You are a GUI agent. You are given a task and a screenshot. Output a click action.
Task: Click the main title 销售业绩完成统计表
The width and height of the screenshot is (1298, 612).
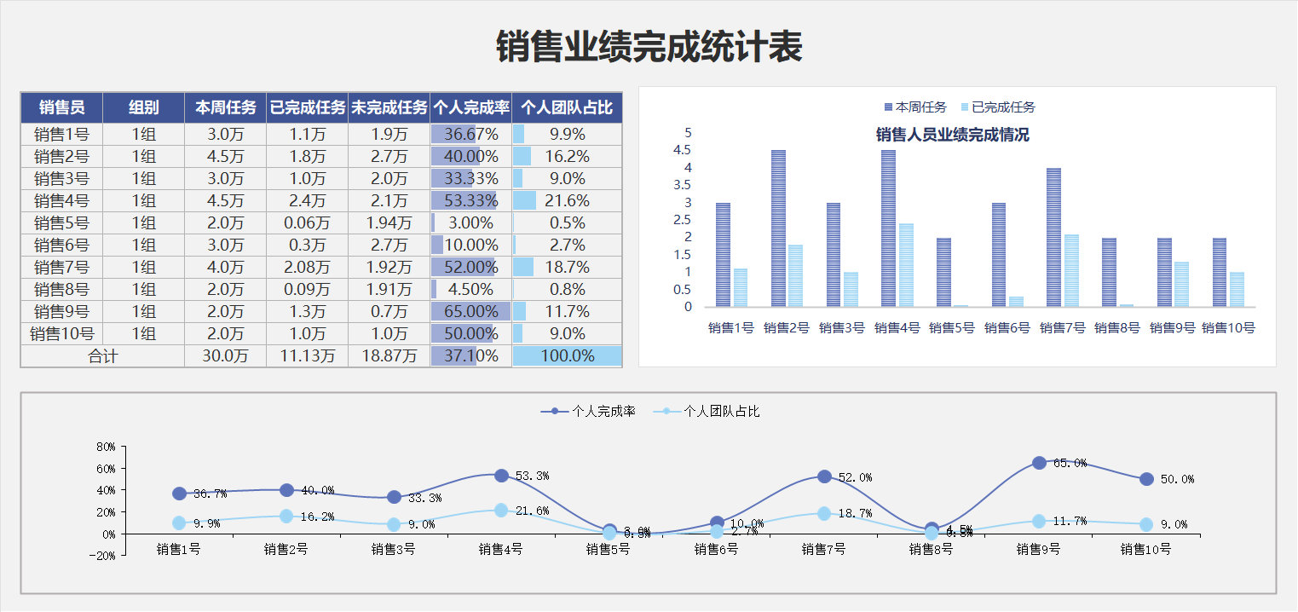click(649, 48)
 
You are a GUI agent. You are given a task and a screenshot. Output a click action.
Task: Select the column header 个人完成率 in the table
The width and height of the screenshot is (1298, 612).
click(471, 107)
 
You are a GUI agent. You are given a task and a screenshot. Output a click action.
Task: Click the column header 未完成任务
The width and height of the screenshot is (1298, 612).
click(389, 107)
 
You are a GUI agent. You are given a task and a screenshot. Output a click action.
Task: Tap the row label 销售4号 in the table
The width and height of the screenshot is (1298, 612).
click(61, 200)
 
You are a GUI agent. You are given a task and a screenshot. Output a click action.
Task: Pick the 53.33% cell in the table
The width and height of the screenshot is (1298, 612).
click(471, 200)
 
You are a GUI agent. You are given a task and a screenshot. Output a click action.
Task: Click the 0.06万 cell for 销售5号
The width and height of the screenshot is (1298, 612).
click(307, 222)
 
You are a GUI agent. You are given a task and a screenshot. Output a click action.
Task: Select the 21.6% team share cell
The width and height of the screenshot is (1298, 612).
click(568, 200)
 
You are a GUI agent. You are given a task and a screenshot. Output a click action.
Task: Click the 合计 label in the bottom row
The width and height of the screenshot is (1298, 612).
click(102, 355)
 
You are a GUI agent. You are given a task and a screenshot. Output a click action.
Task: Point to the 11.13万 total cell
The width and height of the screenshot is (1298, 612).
click(307, 355)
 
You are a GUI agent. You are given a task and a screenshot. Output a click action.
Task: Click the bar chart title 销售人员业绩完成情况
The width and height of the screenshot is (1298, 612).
click(952, 135)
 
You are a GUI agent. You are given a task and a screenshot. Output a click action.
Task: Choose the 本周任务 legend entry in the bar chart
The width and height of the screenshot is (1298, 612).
click(915, 107)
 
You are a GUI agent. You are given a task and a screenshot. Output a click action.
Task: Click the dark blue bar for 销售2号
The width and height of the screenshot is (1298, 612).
click(778, 228)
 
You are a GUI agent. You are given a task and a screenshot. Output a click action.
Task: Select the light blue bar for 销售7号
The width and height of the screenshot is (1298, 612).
click(1071, 270)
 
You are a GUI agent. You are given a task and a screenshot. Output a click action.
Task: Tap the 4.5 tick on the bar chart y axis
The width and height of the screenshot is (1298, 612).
click(682, 150)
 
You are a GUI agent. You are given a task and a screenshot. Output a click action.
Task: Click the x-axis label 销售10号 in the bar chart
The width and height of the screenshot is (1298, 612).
click(1228, 327)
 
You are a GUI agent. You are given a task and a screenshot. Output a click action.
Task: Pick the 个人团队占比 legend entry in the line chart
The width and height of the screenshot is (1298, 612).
click(707, 411)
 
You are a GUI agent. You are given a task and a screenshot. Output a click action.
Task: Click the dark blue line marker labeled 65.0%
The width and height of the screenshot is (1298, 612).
click(1039, 463)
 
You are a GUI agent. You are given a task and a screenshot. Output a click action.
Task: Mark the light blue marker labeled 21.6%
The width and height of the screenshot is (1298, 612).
click(501, 510)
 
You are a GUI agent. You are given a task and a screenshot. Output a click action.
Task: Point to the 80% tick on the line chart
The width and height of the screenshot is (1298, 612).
click(106, 447)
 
